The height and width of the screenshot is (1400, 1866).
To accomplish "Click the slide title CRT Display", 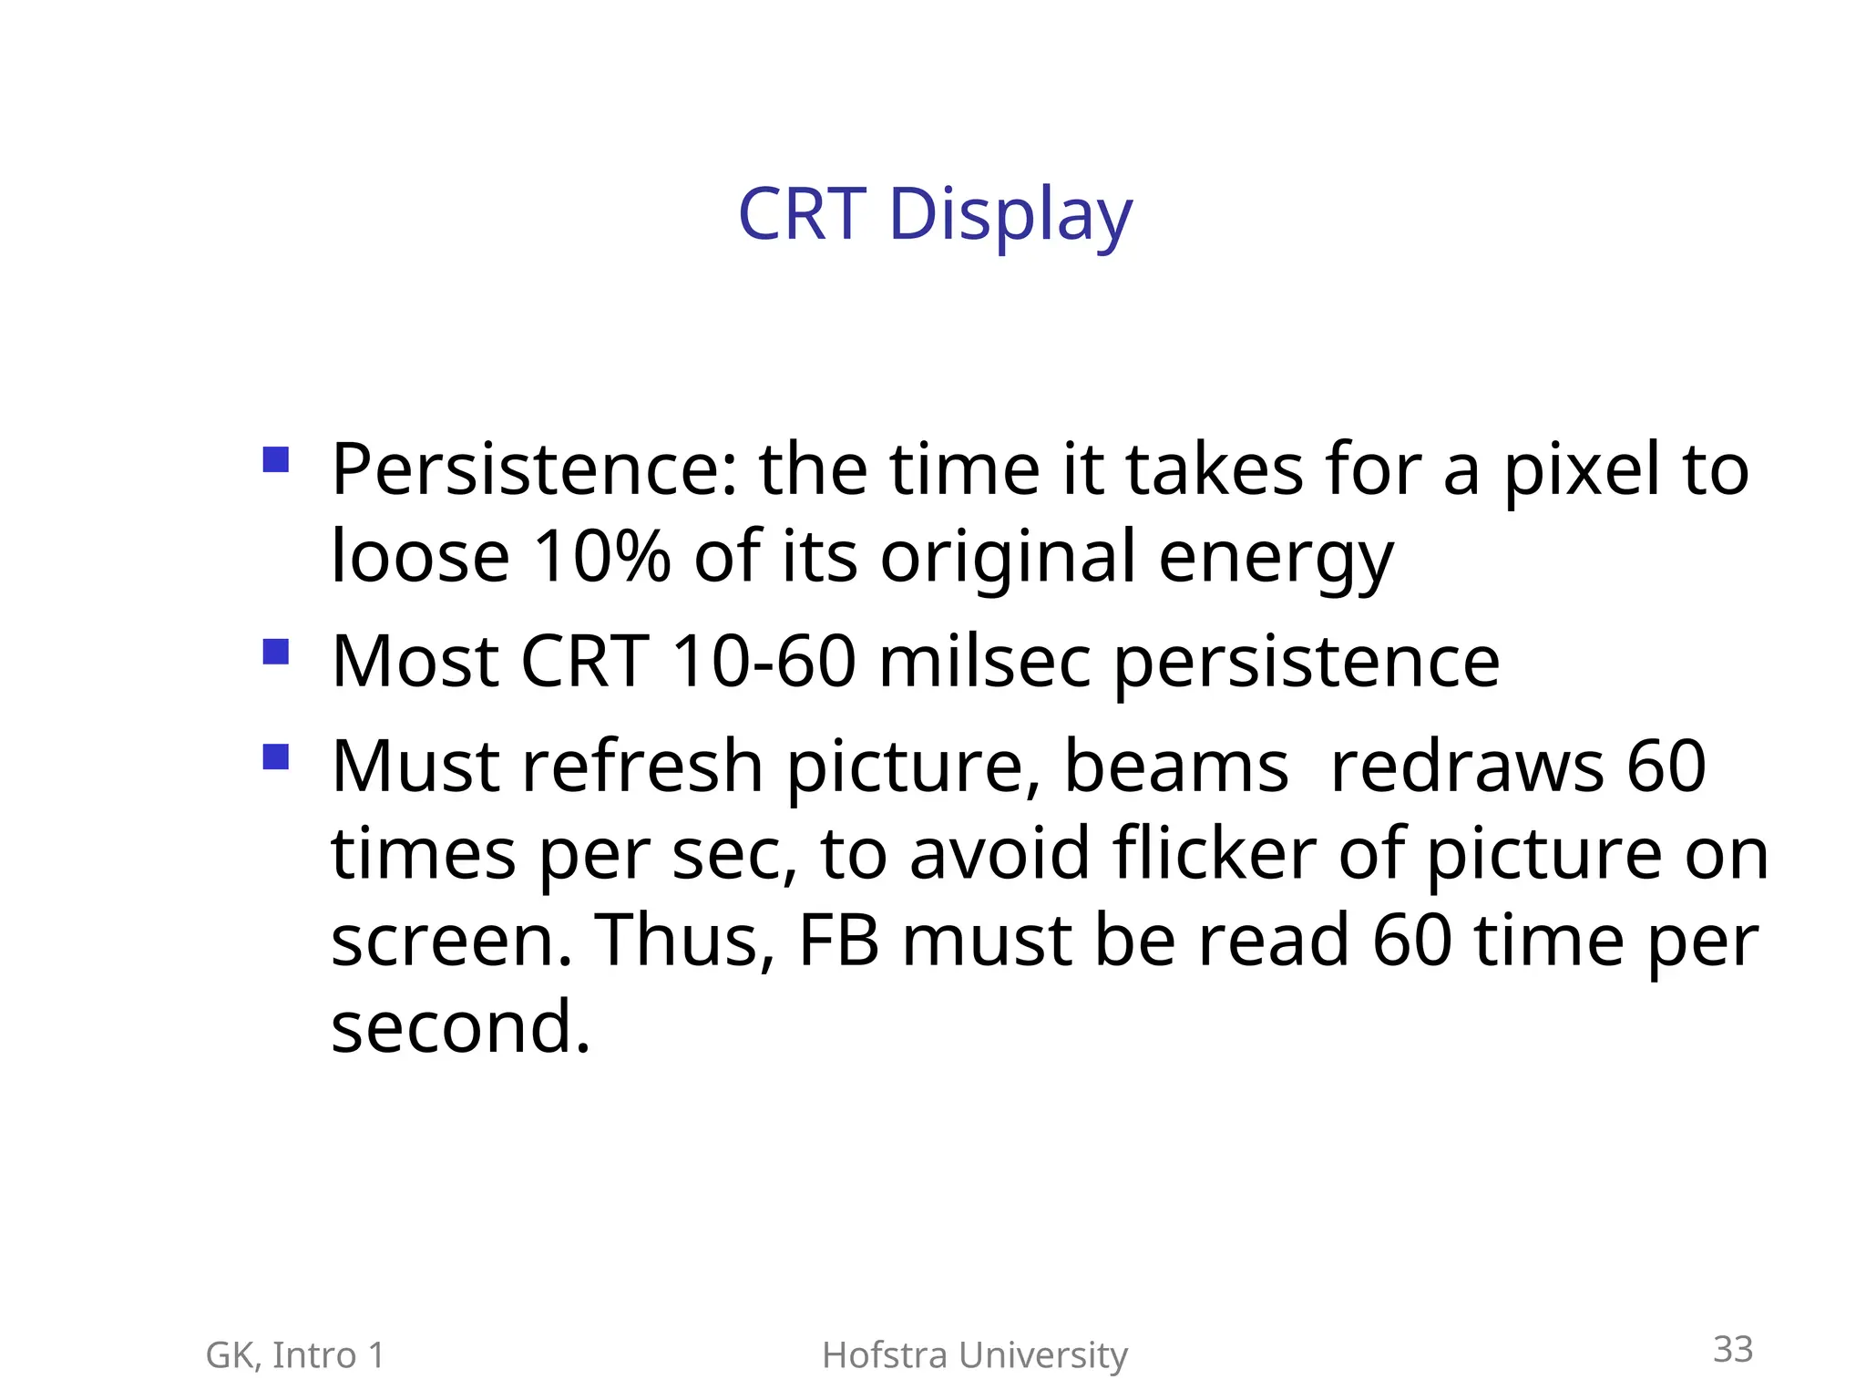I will click(935, 215).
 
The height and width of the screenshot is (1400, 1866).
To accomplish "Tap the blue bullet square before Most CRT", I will click(275, 652).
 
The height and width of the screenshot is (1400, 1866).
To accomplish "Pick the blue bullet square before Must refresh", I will click(275, 757).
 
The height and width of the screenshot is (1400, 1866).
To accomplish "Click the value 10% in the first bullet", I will click(601, 557).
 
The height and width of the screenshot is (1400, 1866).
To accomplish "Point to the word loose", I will click(420, 557).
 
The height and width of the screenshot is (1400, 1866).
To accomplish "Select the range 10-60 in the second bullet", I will click(764, 662).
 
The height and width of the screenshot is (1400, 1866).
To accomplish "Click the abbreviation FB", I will click(838, 941).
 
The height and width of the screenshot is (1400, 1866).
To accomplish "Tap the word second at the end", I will click(459, 1028).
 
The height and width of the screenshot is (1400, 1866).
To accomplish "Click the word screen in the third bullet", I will click(450, 942).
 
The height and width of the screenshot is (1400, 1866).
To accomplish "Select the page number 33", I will click(1732, 1349).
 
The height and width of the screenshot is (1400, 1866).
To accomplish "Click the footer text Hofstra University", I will click(974, 1355).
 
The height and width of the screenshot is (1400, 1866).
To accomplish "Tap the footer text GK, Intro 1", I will click(295, 1355).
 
